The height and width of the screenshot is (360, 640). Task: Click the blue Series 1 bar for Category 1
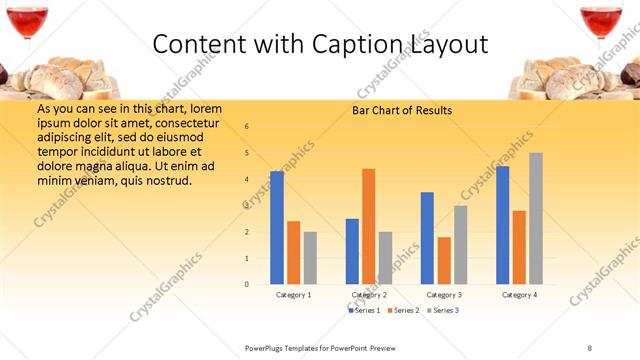277,228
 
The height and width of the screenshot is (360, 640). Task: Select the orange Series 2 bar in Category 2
368,226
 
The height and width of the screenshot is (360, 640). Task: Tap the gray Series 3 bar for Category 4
536,218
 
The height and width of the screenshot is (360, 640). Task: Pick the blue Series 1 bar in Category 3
427,238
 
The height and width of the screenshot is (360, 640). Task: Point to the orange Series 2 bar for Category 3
444,261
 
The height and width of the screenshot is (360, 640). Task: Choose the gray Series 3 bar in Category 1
310,258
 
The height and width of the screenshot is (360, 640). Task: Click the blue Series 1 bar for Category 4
502,225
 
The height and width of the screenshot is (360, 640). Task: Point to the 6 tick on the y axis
247,127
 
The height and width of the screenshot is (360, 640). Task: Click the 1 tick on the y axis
247,258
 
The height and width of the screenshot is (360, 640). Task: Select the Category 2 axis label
369,295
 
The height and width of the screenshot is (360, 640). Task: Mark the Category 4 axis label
519,295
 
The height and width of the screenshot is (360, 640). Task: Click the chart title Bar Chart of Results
401,110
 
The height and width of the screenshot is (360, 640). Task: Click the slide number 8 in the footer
590,347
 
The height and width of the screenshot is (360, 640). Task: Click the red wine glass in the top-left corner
26,20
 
